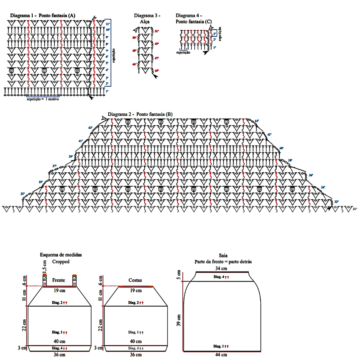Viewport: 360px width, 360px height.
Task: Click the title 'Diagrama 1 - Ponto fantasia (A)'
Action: [43, 16]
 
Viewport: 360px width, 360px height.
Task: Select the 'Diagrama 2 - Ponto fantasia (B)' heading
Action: [140, 114]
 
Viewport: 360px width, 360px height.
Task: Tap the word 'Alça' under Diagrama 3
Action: [145, 22]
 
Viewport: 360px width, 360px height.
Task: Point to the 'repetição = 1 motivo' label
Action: [43, 99]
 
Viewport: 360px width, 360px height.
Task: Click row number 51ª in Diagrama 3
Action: [157, 31]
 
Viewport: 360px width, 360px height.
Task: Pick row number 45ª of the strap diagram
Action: [157, 71]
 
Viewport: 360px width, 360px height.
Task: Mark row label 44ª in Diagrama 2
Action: [256, 121]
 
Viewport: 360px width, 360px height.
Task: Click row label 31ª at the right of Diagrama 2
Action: [354, 209]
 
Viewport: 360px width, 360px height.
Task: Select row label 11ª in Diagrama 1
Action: [108, 24]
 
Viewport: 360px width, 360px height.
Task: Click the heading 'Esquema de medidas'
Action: [61, 255]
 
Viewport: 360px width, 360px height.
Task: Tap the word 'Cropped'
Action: [61, 262]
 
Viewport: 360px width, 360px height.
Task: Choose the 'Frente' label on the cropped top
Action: [58, 280]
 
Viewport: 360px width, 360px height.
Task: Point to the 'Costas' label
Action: [135, 280]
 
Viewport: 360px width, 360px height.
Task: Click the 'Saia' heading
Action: [223, 256]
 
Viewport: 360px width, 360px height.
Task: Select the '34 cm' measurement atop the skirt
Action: [221, 268]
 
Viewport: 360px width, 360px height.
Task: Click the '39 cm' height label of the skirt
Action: [179, 320]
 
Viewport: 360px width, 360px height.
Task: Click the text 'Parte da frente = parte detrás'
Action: [223, 262]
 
